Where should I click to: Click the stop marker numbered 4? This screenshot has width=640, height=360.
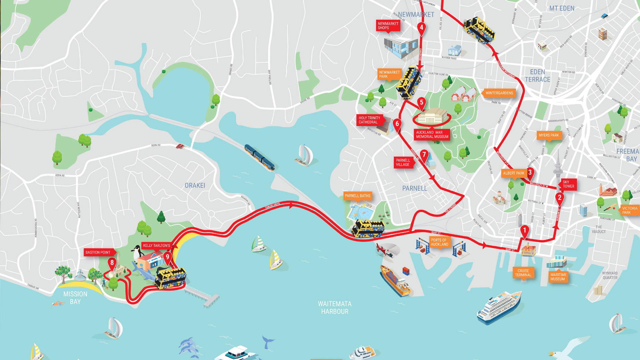(421, 28)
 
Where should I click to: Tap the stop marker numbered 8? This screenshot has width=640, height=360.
(112, 263)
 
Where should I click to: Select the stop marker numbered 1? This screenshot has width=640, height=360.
(525, 231)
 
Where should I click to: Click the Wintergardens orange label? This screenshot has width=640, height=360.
(499, 93)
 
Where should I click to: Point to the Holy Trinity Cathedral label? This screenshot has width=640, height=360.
(369, 120)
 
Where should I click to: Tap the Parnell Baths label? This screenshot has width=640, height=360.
(357, 196)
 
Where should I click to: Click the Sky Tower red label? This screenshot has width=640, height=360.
(568, 184)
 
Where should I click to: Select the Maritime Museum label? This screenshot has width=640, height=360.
(558, 277)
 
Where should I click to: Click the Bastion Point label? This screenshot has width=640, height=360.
(98, 252)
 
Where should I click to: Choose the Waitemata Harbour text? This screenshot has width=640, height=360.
(334, 308)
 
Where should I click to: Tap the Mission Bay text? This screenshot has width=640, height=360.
(75, 298)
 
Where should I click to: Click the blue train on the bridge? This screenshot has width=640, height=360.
(259, 157)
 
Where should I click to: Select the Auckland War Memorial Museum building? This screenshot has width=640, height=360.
(432, 116)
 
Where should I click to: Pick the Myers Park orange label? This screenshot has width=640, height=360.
(549, 135)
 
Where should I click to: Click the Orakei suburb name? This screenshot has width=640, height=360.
(195, 186)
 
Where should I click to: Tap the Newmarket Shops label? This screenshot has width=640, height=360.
(388, 26)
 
